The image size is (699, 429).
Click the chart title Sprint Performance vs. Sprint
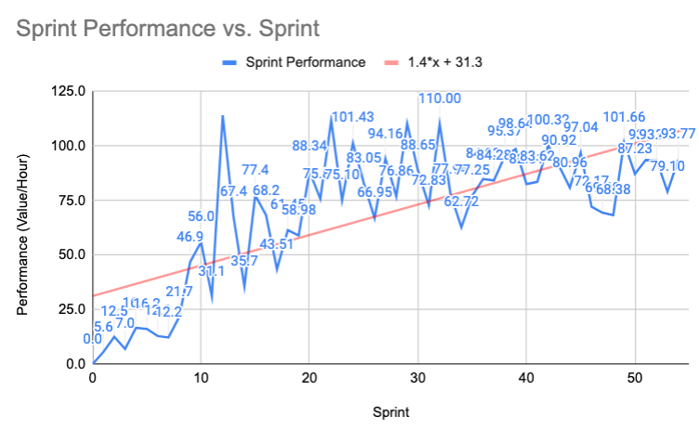167,29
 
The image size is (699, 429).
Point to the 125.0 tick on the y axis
67,91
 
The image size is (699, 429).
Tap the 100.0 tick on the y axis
67,146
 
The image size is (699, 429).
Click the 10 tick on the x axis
201,378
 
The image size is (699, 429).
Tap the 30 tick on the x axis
418,378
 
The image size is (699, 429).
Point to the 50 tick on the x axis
635,378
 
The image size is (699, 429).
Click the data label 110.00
439,98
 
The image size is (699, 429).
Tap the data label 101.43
353,117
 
